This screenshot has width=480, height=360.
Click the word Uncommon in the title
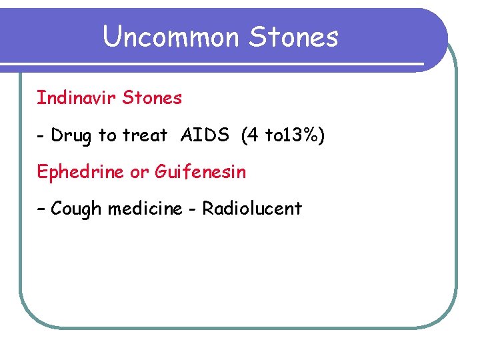pyautogui.click(x=171, y=37)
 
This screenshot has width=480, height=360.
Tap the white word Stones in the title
pyautogui.click(x=293, y=37)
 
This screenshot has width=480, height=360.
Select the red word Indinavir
pyautogui.click(x=75, y=99)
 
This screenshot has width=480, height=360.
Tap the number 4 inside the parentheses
pyautogui.click(x=251, y=135)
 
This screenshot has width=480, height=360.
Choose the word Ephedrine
pyautogui.click(x=81, y=172)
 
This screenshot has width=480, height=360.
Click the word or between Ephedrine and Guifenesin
pyautogui.click(x=139, y=173)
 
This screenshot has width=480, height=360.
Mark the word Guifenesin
pyautogui.click(x=200, y=172)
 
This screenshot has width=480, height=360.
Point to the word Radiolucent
pyautogui.click(x=252, y=209)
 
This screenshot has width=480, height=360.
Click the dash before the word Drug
pyautogui.click(x=41, y=137)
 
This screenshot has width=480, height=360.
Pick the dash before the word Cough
pyautogui.click(x=41, y=209)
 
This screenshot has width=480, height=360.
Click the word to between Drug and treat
pyautogui.click(x=107, y=136)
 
